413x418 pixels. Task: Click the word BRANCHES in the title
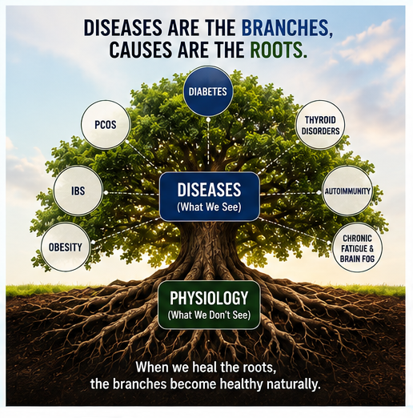287,28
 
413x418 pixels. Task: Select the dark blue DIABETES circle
208,91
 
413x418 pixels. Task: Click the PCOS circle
106,125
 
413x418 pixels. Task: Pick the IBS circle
78,191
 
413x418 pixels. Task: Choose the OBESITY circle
66,247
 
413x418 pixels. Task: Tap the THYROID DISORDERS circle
320,125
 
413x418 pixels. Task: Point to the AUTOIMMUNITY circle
347,191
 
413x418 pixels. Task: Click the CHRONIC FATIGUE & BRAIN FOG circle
357,247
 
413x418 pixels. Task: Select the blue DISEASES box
210,196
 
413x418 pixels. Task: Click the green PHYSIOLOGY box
209,304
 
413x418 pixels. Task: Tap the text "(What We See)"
209,207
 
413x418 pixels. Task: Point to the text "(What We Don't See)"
209,315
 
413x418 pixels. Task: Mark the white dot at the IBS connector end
106,192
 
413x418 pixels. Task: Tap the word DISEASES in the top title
122,28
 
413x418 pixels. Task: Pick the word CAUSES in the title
140,50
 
